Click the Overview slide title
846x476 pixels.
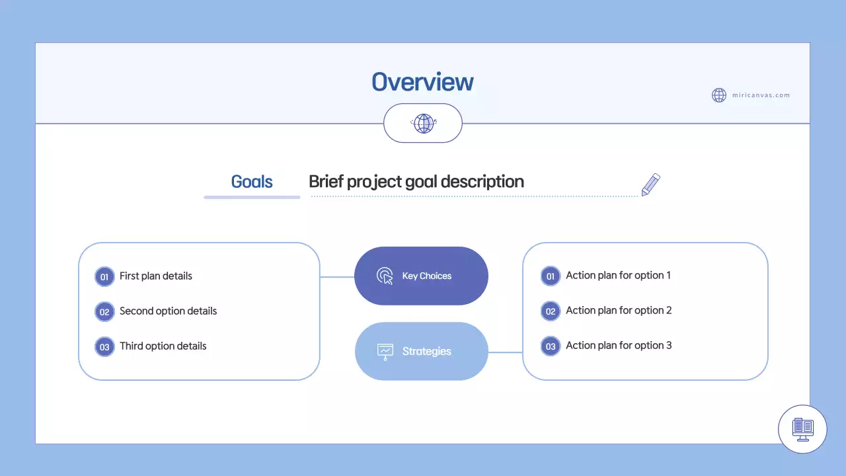tap(422, 82)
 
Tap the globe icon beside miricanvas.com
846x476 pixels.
tap(719, 95)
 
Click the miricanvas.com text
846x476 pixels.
tap(761, 95)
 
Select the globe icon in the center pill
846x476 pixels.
tap(423, 123)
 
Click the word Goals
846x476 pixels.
tap(252, 182)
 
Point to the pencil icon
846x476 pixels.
tap(650, 185)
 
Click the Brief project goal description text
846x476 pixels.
tap(416, 182)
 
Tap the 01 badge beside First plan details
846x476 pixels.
tap(104, 276)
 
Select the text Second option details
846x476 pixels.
tap(168, 311)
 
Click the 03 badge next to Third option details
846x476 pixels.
tap(104, 346)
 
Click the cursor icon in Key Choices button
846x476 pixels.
tap(385, 276)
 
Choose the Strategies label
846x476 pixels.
tap(426, 351)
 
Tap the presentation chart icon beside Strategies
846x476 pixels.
tap(385, 351)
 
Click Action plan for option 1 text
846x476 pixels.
tap(618, 275)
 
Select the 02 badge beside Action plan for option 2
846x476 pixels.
tap(550, 311)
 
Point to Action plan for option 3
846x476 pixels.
tap(619, 345)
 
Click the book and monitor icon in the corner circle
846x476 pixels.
tap(803, 429)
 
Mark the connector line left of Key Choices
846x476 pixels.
tap(337, 277)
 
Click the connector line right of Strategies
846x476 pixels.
tap(505, 352)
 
